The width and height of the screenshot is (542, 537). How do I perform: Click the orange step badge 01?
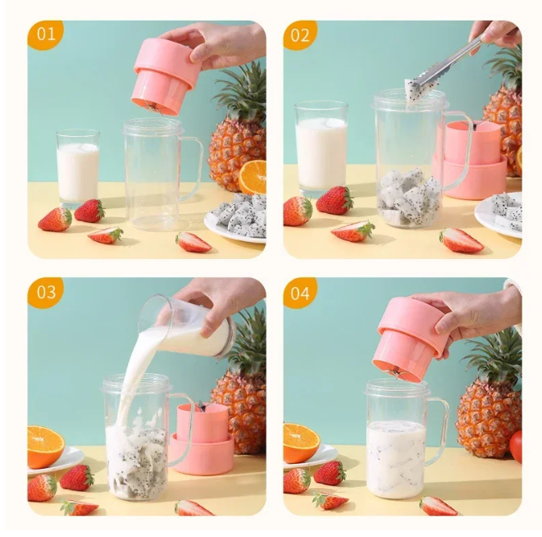(x=44, y=34)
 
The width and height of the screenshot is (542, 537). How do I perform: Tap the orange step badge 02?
(x=299, y=34)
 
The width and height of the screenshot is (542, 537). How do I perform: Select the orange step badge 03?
(x=45, y=292)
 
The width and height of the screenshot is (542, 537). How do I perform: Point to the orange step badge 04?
(x=299, y=293)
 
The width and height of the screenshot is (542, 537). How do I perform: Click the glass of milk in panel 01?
(x=78, y=167)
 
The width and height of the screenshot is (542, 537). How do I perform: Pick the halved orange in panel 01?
(x=253, y=176)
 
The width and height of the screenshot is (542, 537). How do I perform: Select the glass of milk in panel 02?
(x=321, y=148)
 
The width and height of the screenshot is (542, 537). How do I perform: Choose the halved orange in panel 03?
(x=45, y=446)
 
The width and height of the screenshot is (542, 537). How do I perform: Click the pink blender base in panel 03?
(x=203, y=438)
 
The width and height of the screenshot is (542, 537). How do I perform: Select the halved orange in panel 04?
(x=301, y=443)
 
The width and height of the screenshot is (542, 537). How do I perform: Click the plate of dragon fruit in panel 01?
(x=238, y=218)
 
